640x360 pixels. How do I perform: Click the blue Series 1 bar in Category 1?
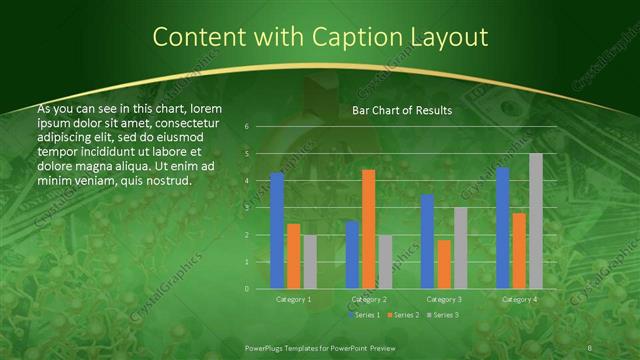(x=277, y=230)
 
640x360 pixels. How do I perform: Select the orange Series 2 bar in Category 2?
(x=369, y=229)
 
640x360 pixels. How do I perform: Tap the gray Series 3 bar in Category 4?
(x=536, y=221)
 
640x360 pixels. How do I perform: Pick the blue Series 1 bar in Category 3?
(x=427, y=241)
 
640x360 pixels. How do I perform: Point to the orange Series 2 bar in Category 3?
(x=444, y=264)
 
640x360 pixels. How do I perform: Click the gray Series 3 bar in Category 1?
(x=310, y=262)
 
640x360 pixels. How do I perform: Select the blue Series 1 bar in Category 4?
(x=502, y=228)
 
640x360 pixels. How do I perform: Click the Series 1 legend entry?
(x=366, y=315)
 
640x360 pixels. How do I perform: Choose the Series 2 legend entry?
(x=402, y=315)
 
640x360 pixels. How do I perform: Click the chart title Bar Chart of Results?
(x=402, y=111)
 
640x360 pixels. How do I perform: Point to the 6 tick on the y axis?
(x=247, y=127)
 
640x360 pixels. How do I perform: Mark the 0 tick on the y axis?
(x=247, y=289)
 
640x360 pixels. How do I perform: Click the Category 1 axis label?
(x=293, y=299)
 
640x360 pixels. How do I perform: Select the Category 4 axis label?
(x=519, y=299)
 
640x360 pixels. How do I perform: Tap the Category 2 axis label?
(x=369, y=299)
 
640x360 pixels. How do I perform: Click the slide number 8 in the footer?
(x=590, y=347)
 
